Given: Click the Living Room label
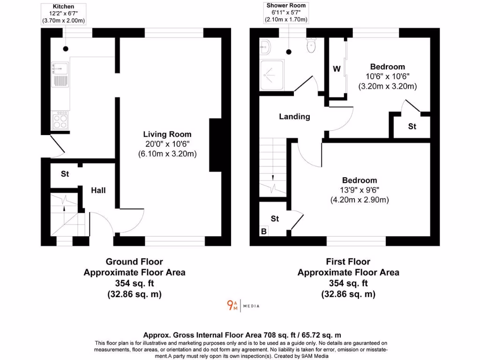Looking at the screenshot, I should point(167,135).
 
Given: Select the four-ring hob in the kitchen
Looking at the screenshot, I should point(60,121).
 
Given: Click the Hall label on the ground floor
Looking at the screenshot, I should point(98,190).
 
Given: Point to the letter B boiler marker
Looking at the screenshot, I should point(264,231).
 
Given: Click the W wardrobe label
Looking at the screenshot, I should point(337,69).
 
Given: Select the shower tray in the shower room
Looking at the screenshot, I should point(272,74).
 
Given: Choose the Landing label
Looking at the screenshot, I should point(294,116).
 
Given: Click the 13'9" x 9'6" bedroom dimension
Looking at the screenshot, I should point(360,190).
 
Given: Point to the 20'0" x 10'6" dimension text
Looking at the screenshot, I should point(167,144).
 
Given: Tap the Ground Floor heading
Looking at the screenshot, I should point(134,262).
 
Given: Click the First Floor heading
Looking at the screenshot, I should point(348,262).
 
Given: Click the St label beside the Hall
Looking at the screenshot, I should point(65,174).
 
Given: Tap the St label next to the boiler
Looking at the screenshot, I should point(275,218).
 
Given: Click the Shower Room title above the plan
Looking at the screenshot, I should point(286,6).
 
